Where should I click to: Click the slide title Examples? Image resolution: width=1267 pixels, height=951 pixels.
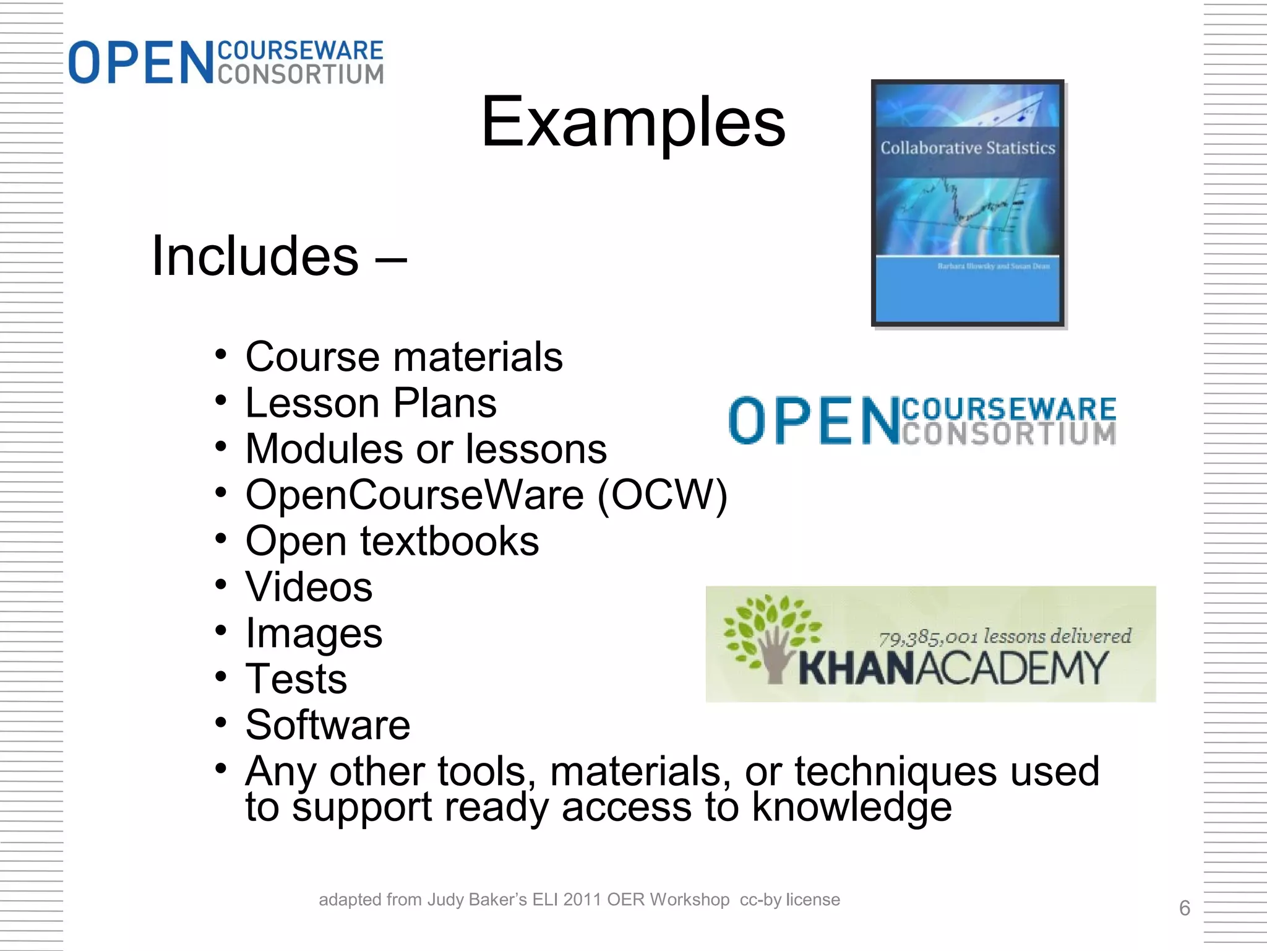[633, 122]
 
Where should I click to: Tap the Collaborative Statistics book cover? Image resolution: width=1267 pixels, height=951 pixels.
[968, 202]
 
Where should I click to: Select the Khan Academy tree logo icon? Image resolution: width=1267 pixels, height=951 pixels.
[770, 638]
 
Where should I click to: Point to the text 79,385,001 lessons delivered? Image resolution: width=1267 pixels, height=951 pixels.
[1005, 636]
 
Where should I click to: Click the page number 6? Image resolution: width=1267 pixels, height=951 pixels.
[1184, 908]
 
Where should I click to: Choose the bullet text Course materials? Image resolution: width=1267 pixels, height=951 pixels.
[404, 357]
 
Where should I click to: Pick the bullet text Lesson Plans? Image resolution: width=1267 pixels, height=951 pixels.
[371, 403]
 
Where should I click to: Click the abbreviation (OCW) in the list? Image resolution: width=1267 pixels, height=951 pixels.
[662, 495]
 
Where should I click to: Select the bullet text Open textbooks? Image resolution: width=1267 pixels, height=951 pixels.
[392, 541]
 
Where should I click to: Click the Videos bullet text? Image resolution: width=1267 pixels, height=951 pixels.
[309, 587]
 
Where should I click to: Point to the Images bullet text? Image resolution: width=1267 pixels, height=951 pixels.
[314, 633]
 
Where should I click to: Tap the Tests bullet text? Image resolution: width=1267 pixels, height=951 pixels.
[296, 679]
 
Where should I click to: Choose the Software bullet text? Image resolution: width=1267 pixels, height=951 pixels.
[328, 725]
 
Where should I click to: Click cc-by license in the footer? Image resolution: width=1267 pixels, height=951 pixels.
[789, 900]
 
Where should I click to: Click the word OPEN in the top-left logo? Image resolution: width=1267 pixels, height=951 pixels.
[140, 63]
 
